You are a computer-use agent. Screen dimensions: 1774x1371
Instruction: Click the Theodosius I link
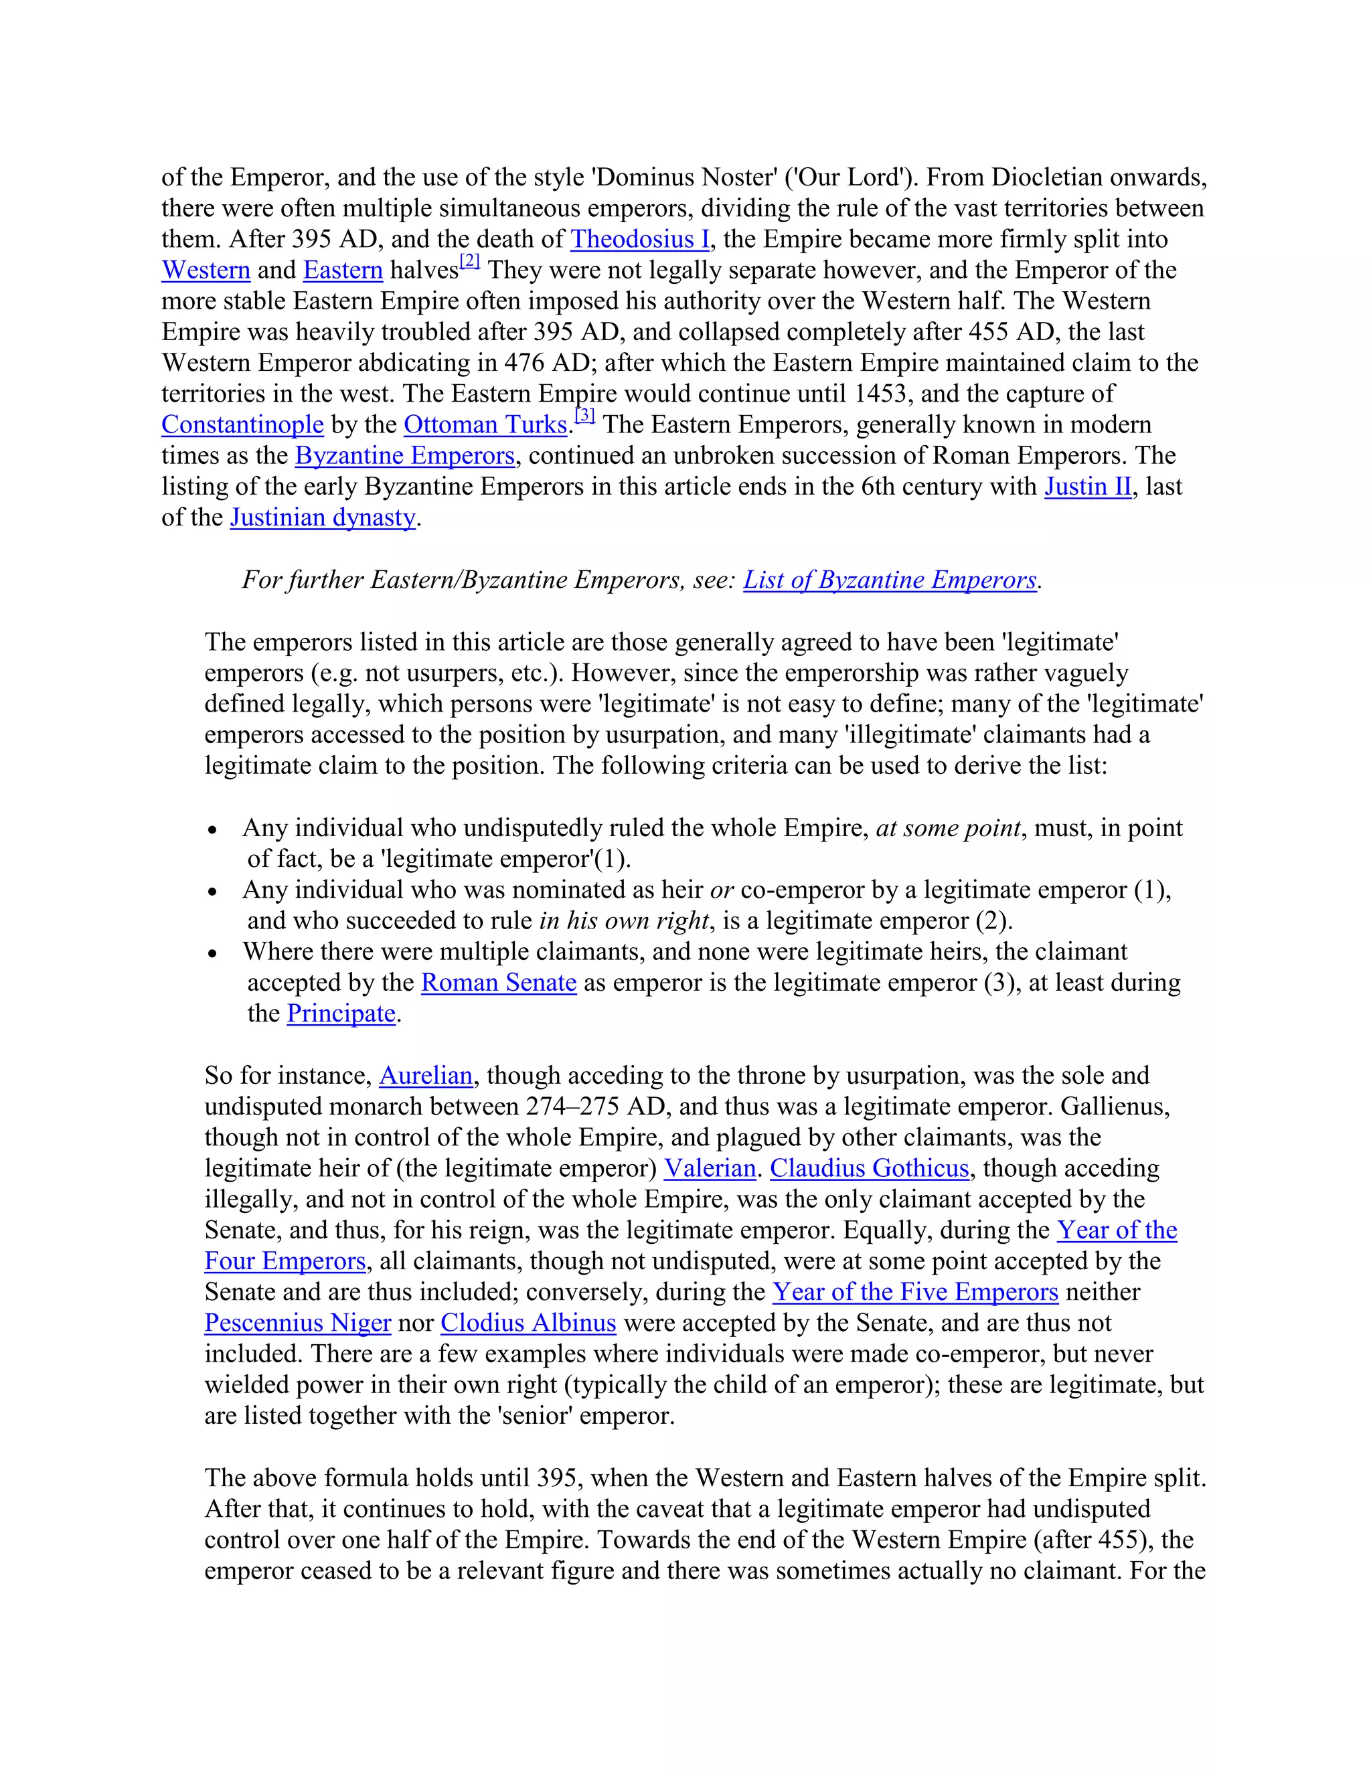[x=639, y=239]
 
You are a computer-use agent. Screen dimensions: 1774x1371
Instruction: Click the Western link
[x=206, y=270]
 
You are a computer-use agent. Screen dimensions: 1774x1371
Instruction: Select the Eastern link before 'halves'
[x=343, y=270]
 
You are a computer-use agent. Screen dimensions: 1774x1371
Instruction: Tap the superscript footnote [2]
[x=470, y=262]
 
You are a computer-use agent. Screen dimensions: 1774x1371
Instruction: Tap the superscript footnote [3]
[x=585, y=416]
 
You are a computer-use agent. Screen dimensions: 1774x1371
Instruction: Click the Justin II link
[x=1088, y=486]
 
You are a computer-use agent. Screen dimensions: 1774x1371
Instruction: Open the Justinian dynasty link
[x=323, y=517]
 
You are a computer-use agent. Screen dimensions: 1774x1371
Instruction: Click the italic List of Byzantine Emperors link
[x=890, y=579]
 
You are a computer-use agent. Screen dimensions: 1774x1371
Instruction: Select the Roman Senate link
[x=499, y=982]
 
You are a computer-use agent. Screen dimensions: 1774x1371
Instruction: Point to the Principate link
[x=341, y=1013]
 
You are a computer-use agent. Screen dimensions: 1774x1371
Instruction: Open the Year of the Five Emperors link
[x=914, y=1291]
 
